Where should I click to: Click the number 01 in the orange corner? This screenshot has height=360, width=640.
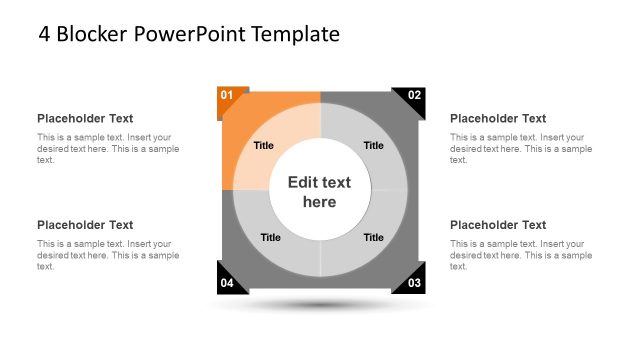coord(227,96)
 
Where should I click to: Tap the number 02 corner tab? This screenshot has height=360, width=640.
coord(413,96)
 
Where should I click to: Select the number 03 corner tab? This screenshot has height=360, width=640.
coord(413,283)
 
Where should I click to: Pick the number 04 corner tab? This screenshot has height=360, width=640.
coord(227,283)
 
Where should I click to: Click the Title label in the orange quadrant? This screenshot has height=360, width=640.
coord(263,145)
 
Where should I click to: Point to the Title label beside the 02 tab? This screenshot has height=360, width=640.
coord(373,145)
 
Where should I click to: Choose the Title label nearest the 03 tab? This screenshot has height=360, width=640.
coord(373,237)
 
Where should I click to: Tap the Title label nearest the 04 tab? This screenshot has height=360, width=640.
coord(270,237)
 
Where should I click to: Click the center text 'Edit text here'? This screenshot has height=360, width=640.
coord(320,192)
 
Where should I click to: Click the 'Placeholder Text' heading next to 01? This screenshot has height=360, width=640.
coord(85,118)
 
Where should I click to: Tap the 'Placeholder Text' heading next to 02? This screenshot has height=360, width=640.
coord(498,118)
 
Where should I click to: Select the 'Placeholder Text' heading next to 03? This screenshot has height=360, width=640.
coord(498,225)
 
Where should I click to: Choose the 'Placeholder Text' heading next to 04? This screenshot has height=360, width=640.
coord(85,225)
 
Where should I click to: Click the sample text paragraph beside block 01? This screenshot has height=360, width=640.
coord(108,148)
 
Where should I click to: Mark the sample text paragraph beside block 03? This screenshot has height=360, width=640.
coord(521,255)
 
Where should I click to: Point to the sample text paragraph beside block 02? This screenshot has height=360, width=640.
coord(521,148)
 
